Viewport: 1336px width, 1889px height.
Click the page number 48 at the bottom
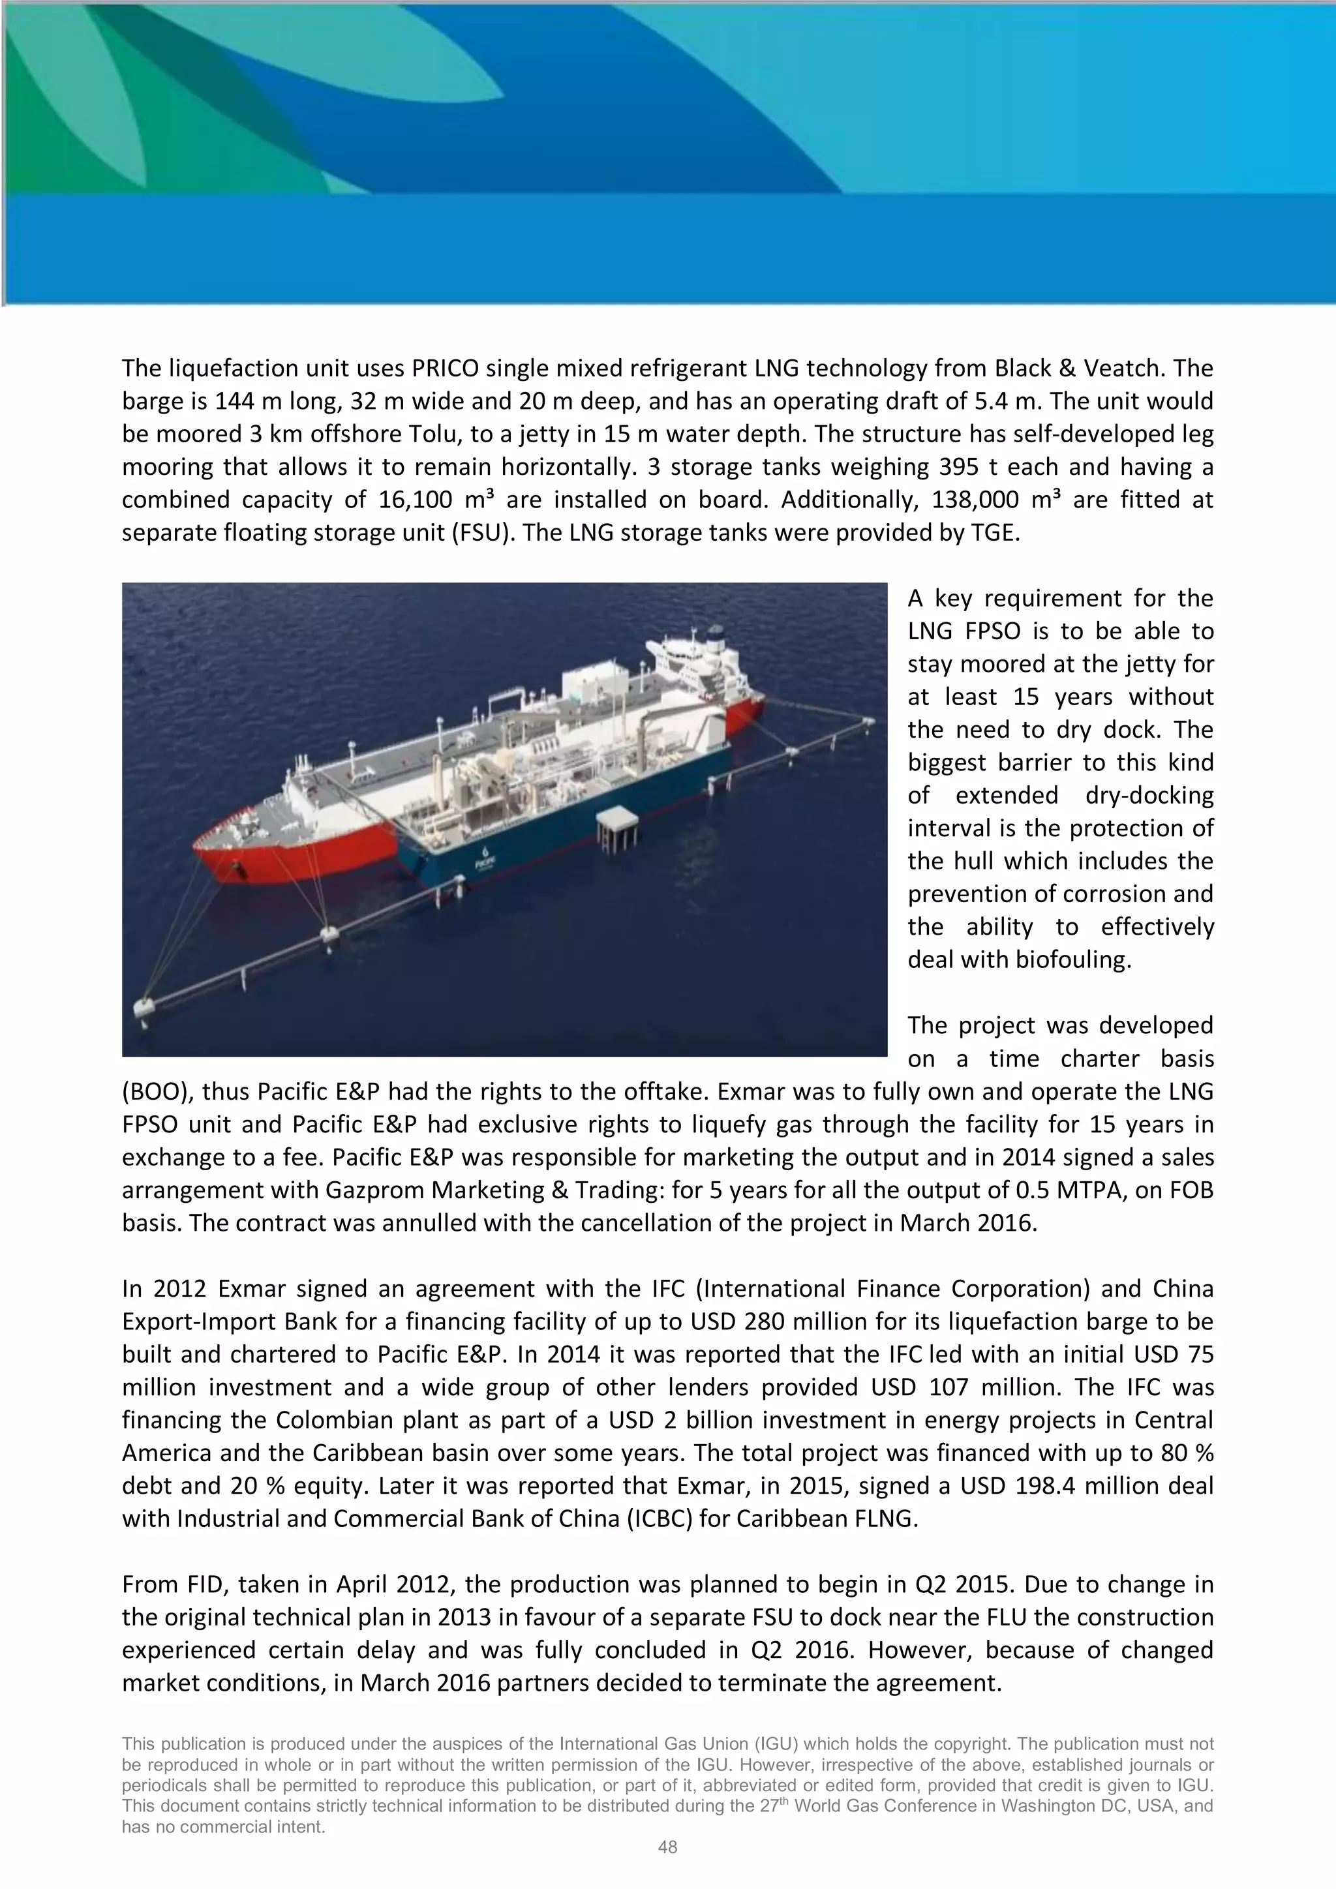pyautogui.click(x=667, y=1847)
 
